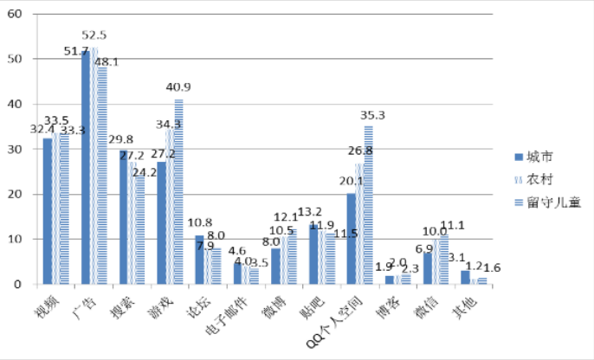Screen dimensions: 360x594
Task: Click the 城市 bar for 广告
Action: [x=86, y=167]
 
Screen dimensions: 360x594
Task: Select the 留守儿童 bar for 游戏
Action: [x=179, y=191]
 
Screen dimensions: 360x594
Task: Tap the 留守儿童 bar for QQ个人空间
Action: [x=368, y=204]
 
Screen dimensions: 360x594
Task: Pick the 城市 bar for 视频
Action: [x=48, y=211]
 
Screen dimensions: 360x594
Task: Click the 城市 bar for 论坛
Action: [x=199, y=260]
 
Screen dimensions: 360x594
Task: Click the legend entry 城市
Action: [x=538, y=157]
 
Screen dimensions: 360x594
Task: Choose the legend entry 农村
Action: [x=538, y=179]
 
